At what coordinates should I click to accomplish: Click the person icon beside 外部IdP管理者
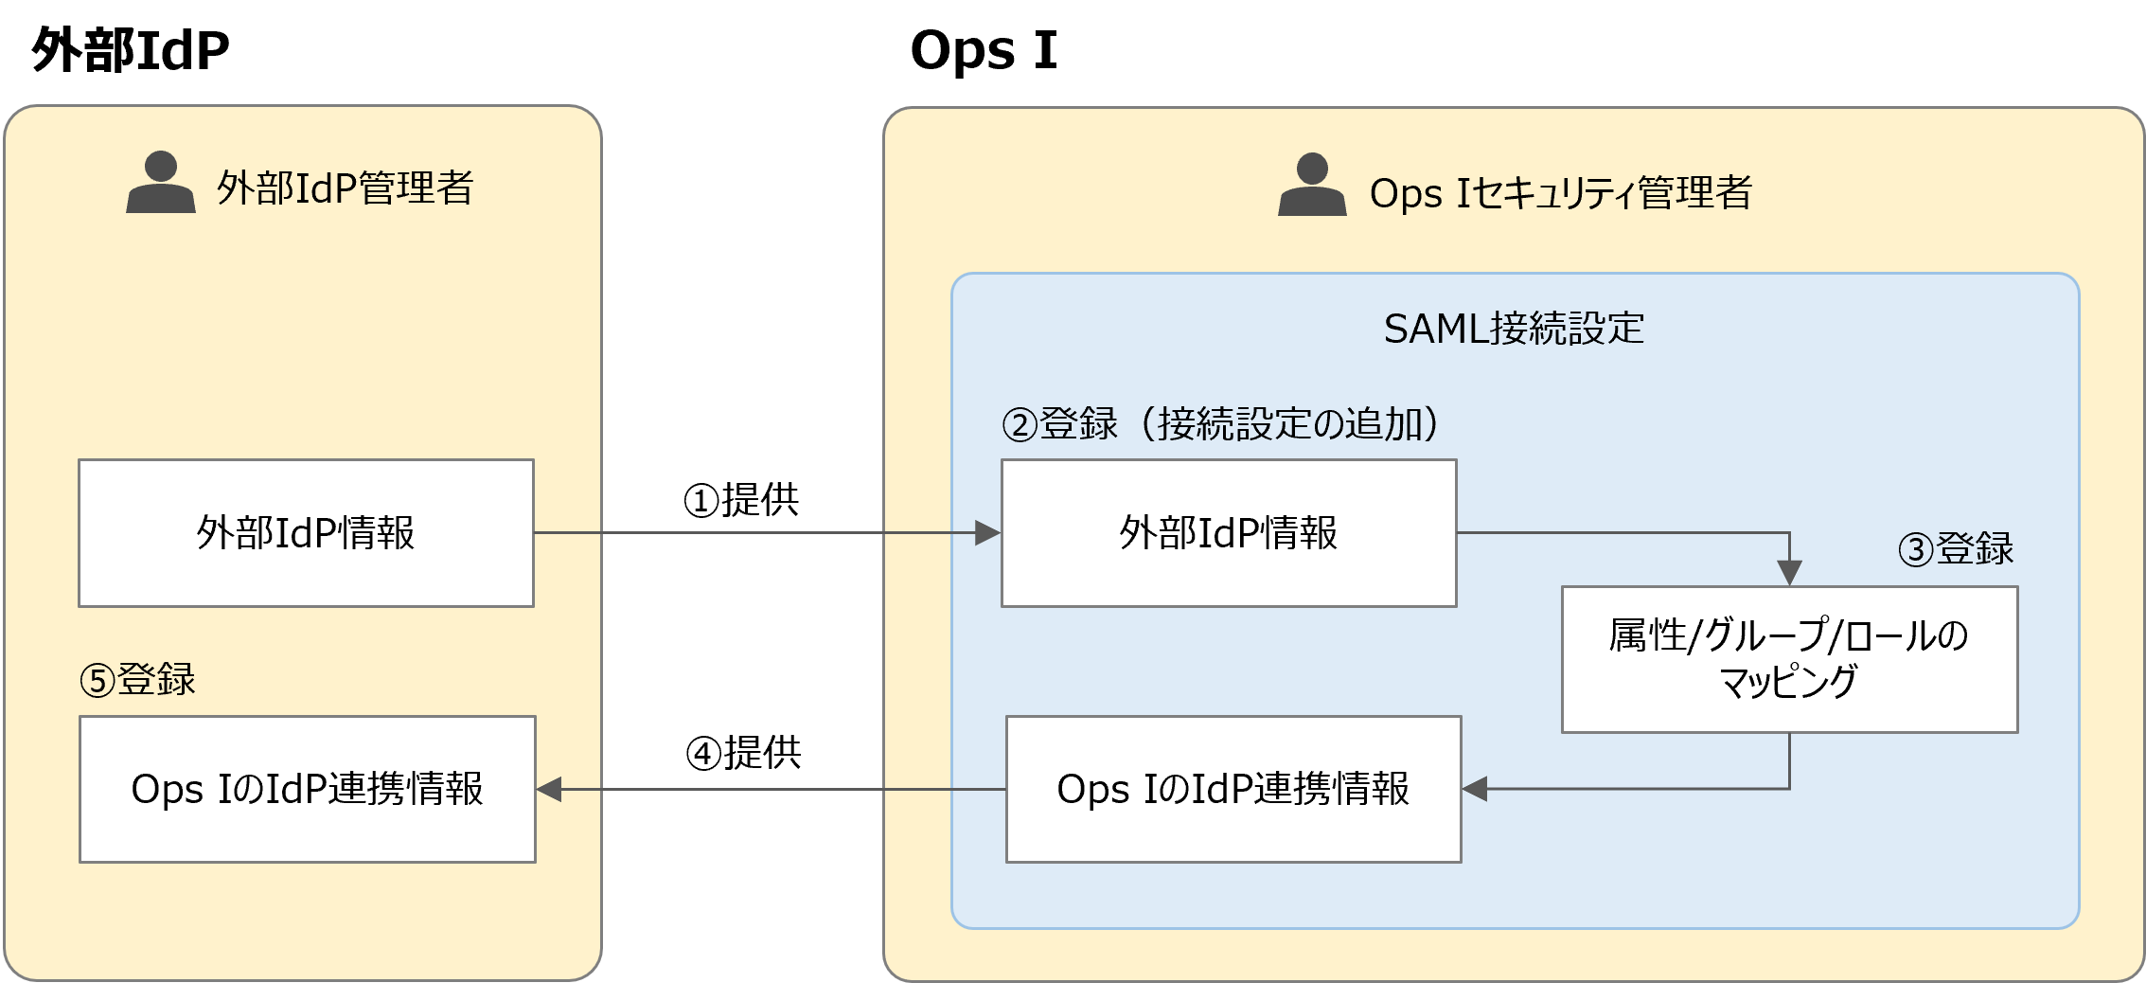click(161, 183)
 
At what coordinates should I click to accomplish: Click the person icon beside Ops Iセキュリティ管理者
click(1312, 186)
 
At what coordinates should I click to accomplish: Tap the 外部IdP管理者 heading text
click(346, 188)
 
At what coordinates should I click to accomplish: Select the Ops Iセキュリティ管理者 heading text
click(1560, 192)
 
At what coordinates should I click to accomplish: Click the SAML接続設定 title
click(1514, 329)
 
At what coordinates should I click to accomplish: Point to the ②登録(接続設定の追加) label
click(1221, 423)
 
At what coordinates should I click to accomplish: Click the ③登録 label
click(1957, 548)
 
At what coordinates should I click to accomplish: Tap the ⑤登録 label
click(138, 679)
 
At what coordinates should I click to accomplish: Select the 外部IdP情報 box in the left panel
click(306, 533)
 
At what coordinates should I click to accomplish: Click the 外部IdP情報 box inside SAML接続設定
click(1229, 533)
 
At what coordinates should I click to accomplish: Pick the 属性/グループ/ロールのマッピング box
click(1789, 659)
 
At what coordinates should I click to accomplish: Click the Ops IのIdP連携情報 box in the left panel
click(308, 789)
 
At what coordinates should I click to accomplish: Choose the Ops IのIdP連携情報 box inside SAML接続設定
click(1233, 789)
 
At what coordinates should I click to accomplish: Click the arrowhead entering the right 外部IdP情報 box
click(988, 533)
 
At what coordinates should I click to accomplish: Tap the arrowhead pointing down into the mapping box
click(1789, 573)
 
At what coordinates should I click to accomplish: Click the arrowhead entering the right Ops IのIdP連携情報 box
click(1475, 789)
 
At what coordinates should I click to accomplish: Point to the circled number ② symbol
click(1020, 425)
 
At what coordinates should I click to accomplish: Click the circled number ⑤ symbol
click(98, 681)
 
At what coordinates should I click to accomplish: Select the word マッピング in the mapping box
click(1788, 682)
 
